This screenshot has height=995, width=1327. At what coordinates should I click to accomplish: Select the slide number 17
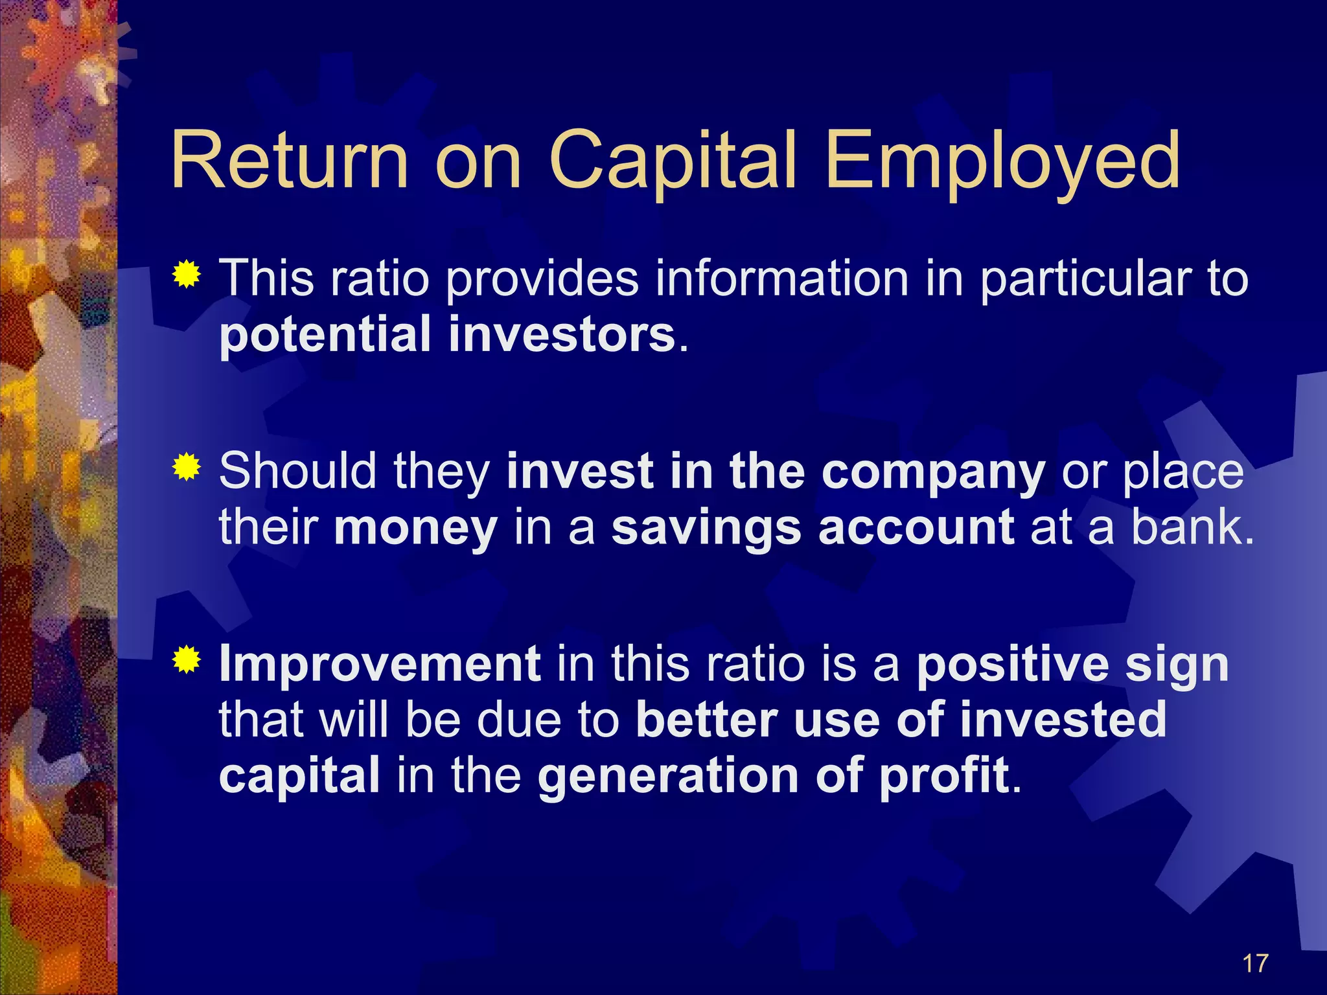(1255, 964)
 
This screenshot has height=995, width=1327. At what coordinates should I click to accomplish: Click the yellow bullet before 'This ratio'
(187, 275)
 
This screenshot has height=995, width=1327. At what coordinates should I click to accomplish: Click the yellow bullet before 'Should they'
(187, 467)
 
